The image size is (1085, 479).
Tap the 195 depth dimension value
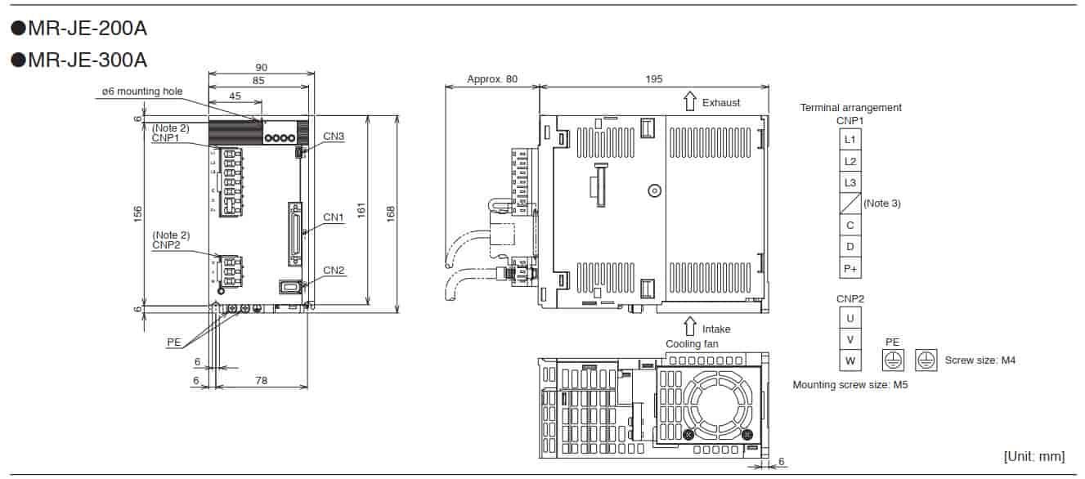click(x=653, y=79)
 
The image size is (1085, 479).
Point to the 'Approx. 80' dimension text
click(x=491, y=79)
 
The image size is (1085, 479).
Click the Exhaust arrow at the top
click(x=689, y=102)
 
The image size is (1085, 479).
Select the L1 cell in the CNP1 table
click(x=850, y=140)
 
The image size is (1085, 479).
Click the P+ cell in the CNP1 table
click(x=850, y=267)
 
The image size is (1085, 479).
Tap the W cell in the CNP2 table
click(x=850, y=360)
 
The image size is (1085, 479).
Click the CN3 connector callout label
click(x=334, y=136)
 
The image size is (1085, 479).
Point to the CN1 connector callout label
click(x=334, y=217)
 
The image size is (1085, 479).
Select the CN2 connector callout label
click(x=334, y=270)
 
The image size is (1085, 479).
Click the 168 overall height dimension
click(x=391, y=213)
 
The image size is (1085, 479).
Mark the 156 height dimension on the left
click(x=138, y=213)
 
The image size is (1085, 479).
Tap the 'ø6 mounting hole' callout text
click(x=142, y=92)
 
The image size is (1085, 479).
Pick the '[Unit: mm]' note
click(x=1034, y=456)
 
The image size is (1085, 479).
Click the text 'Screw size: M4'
click(x=980, y=360)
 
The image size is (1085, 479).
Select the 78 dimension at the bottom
click(x=261, y=380)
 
